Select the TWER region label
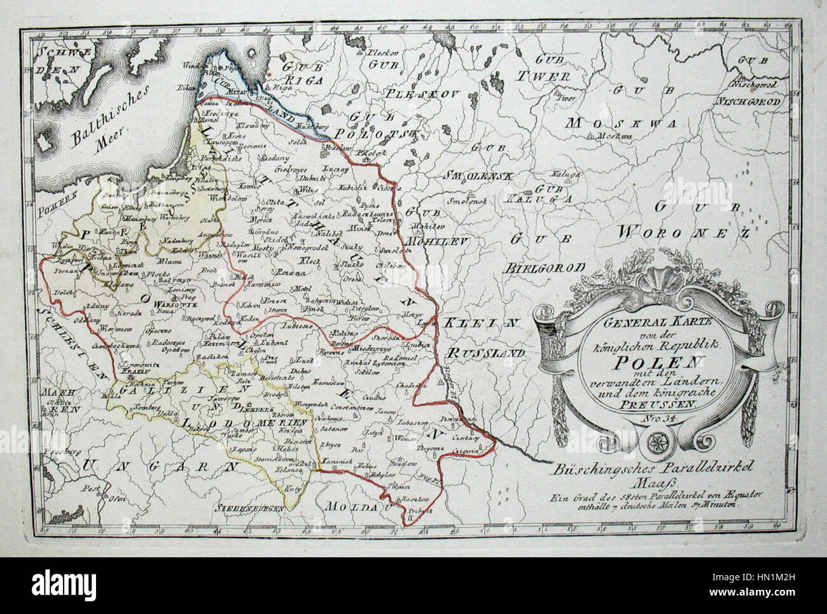(x=559, y=76)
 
